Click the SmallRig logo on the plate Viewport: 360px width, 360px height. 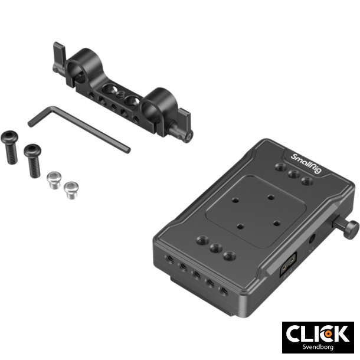click(305, 158)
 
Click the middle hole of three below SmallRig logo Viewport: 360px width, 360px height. click(292, 174)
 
